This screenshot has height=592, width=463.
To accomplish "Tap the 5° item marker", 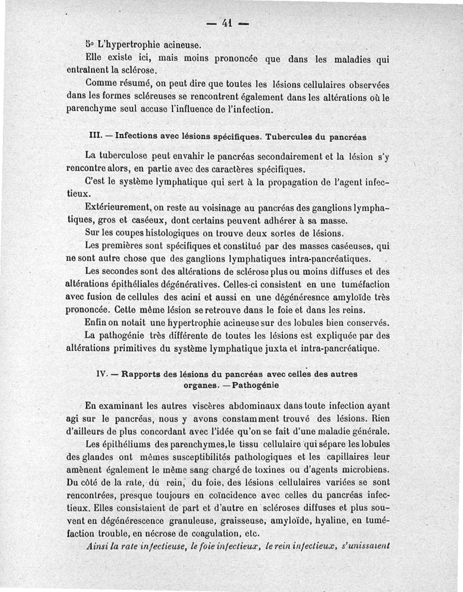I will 89,44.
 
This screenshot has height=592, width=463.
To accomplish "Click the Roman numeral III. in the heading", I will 94,137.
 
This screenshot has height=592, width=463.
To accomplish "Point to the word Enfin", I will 95,322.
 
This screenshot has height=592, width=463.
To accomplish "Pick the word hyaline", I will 336,521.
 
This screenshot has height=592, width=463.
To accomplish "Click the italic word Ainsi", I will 97,546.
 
